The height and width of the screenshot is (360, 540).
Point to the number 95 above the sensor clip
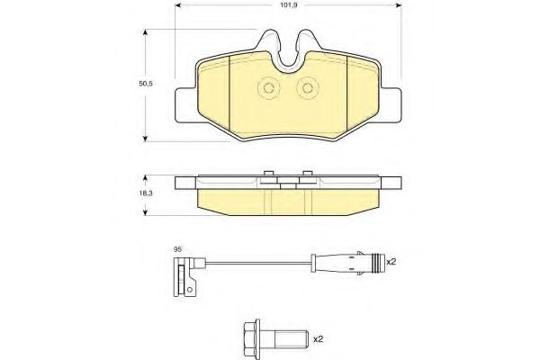click(x=178, y=249)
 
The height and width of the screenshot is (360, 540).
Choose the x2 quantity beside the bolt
click(x=317, y=339)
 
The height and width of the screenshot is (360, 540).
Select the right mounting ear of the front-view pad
click(x=390, y=102)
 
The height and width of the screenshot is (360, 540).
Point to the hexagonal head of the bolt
click(x=252, y=338)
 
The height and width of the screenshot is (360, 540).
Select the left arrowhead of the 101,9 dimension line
click(x=175, y=5)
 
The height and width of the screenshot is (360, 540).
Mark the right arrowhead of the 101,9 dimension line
click(x=400, y=5)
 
